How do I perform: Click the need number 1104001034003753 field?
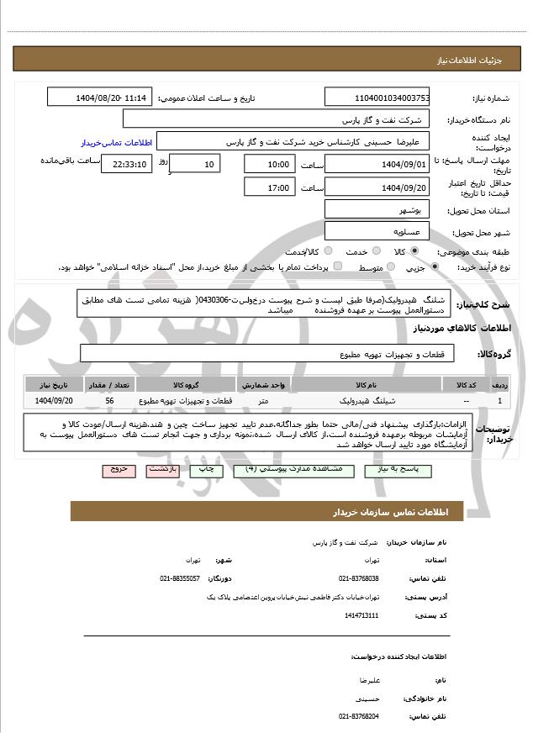pos(377,98)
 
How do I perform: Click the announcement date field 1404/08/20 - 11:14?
pos(100,98)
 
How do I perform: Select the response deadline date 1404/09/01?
pos(377,164)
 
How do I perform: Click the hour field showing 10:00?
pos(270,164)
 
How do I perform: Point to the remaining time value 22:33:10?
pos(126,164)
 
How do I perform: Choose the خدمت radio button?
pos(328,251)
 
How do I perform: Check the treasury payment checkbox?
pos(337,266)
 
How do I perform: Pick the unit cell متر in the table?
pos(264,401)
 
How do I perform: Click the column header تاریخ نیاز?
pos(55,384)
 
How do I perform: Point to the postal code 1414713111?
pos(361,615)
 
